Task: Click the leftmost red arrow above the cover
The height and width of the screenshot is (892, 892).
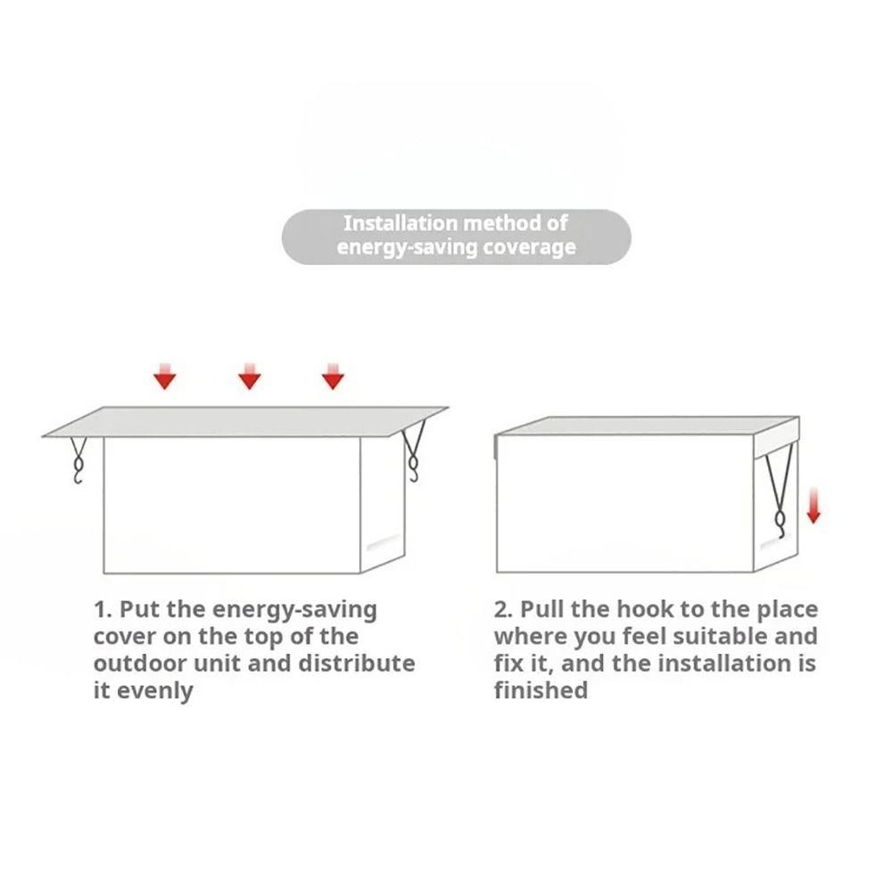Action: click(165, 376)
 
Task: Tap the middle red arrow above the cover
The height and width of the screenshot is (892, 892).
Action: click(249, 376)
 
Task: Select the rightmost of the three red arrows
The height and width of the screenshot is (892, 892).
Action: click(333, 376)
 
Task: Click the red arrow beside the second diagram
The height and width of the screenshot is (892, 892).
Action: click(814, 506)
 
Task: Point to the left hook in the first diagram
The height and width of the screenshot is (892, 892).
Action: click(78, 461)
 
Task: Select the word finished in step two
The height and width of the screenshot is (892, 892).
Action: click(541, 690)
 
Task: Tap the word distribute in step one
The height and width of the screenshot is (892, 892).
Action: click(357, 664)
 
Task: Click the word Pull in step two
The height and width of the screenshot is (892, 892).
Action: click(542, 609)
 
